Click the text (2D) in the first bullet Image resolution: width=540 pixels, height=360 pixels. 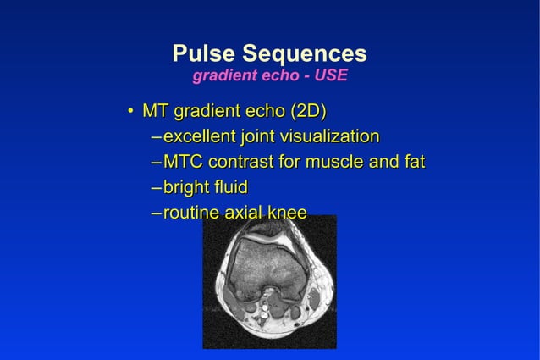point(309,111)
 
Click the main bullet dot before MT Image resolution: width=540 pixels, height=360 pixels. point(129,112)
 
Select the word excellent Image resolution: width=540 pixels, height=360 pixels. point(200,136)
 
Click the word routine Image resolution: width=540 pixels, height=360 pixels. point(190,213)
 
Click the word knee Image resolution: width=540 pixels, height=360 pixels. point(288,213)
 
